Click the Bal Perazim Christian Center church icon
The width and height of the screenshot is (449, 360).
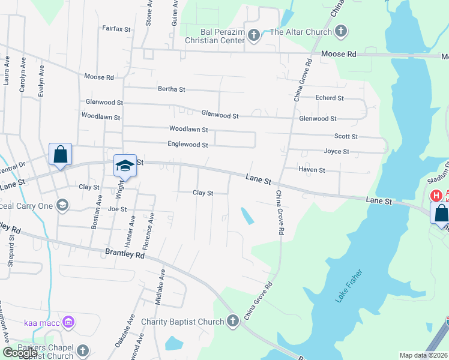(254, 35)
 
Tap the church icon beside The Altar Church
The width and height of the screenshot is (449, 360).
(341, 31)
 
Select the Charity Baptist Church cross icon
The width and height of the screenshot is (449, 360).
(233, 322)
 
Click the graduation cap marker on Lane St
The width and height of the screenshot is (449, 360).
(124, 166)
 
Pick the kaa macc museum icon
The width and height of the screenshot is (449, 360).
(68, 323)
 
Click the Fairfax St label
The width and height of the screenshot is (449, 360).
(116, 28)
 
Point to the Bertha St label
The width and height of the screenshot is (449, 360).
(171, 89)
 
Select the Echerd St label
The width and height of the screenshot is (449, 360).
(330, 98)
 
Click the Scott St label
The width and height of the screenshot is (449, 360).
(346, 137)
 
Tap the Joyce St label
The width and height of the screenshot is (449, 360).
(336, 152)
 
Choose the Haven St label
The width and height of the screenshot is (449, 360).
(312, 170)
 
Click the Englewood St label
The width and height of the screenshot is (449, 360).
(188, 145)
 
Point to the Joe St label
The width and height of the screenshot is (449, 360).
(118, 209)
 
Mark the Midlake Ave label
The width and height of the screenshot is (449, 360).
(160, 287)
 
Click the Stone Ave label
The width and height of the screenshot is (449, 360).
(148, 12)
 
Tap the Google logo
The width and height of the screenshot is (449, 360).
(20, 353)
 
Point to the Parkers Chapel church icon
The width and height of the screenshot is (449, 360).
(82, 350)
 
